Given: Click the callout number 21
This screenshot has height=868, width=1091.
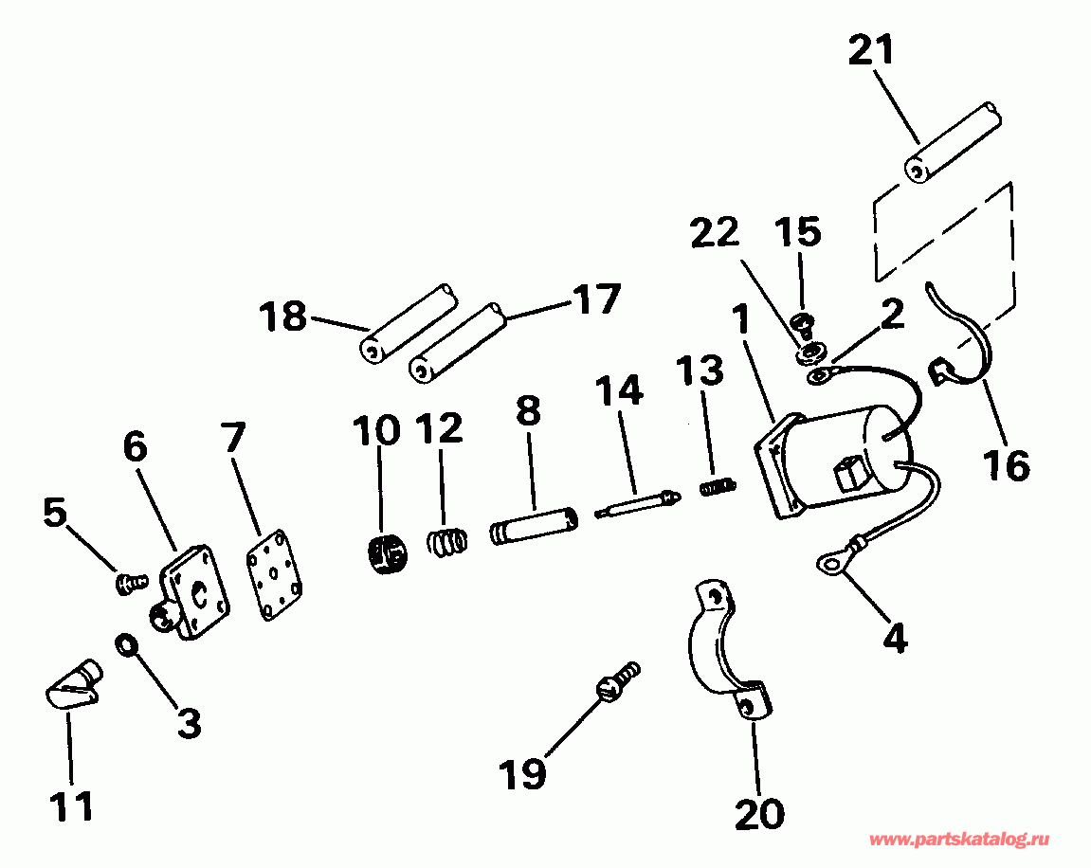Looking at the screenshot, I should click(x=870, y=50).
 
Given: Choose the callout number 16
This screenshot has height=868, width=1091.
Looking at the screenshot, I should click(x=1005, y=465).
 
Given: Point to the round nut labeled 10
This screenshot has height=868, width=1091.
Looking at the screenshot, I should click(x=385, y=552).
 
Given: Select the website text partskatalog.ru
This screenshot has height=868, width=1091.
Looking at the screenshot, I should click(x=959, y=841).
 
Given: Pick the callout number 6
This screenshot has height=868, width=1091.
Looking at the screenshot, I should click(x=136, y=447).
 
